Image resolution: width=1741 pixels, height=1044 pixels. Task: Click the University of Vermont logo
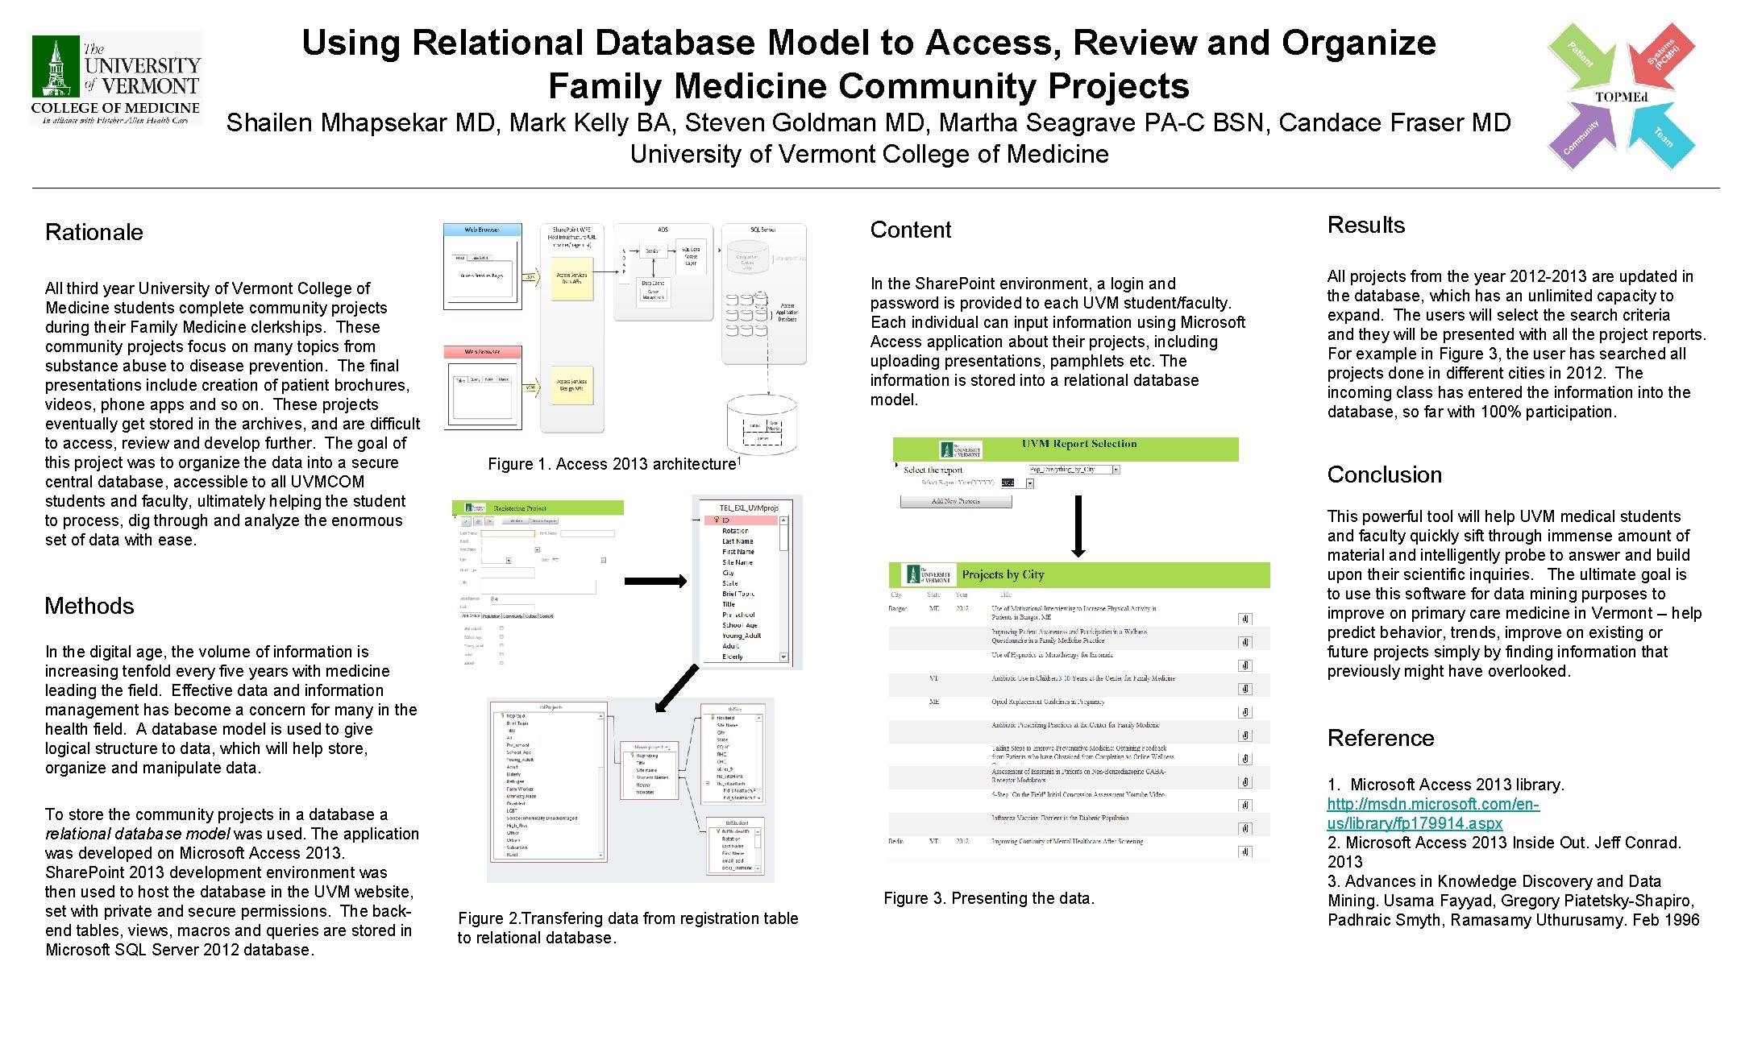tap(116, 79)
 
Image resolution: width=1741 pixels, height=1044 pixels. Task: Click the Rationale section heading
tap(94, 233)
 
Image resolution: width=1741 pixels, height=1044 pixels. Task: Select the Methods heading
tap(89, 607)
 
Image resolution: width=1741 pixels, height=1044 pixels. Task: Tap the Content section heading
tap(911, 230)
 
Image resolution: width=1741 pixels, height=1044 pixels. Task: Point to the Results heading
tap(1366, 226)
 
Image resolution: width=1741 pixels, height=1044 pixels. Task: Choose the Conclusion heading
tap(1385, 475)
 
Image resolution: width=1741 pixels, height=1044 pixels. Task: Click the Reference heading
tap(1381, 739)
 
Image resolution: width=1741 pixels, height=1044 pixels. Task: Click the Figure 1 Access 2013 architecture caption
tap(613, 464)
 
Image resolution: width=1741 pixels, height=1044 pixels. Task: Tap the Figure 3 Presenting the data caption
tap(989, 898)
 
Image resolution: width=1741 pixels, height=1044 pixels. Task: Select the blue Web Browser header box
tap(482, 230)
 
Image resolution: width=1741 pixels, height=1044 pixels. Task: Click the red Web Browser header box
tap(482, 352)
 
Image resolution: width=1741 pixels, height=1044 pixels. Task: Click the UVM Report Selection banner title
tap(1078, 444)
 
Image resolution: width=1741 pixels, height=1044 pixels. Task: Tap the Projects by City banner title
tap(1003, 575)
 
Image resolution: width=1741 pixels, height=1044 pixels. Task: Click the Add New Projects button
tap(955, 501)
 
